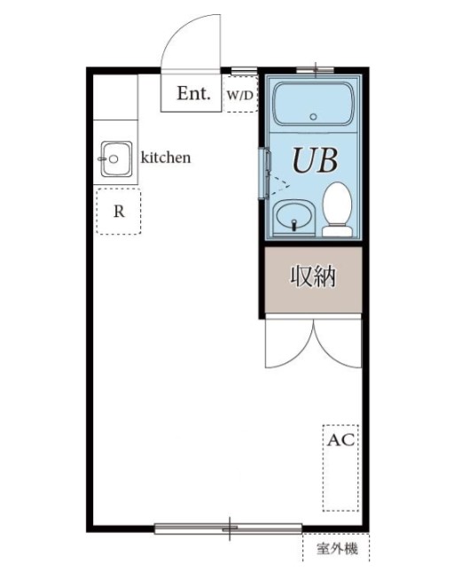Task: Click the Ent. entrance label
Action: coord(193,94)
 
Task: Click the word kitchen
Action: coord(166,158)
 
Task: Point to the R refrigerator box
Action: coord(118,212)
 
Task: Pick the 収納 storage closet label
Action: coord(313,277)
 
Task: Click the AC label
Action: coord(340,439)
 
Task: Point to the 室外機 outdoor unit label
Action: coord(337,550)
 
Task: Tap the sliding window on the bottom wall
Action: coord(229,529)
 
